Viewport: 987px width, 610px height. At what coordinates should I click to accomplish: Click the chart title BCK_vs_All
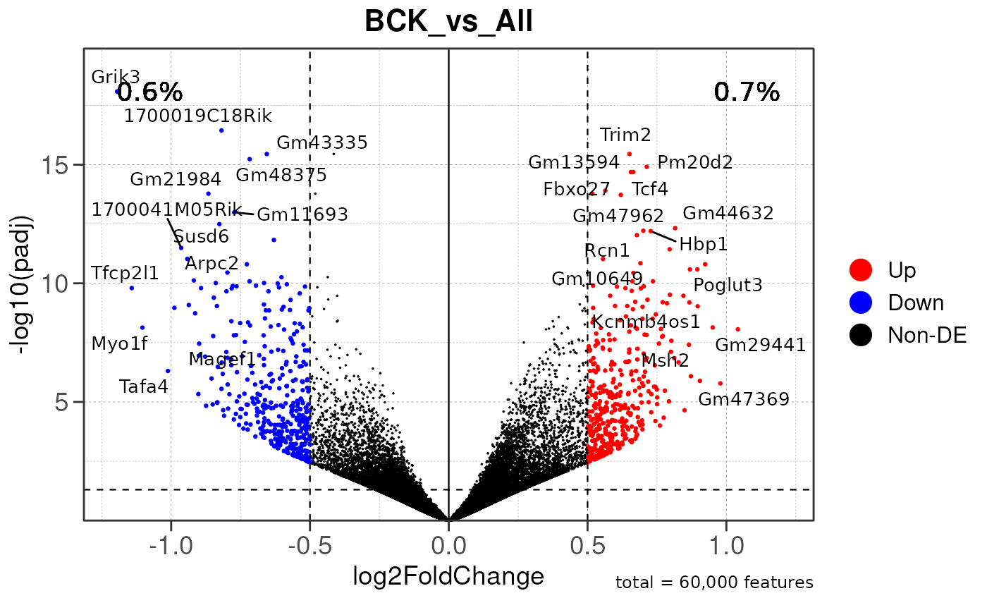pos(448,22)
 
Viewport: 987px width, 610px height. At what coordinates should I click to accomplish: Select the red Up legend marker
pos(861,269)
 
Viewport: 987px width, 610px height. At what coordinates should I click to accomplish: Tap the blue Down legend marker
pos(861,303)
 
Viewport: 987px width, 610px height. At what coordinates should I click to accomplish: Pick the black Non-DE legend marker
pos(861,336)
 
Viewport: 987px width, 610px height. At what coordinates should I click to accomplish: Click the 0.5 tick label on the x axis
pos(588,547)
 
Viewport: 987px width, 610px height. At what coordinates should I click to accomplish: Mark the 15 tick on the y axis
pos(59,165)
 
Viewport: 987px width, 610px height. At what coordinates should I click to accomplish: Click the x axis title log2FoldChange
pos(448,576)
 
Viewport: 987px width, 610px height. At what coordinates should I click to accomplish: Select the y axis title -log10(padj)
pos(25,284)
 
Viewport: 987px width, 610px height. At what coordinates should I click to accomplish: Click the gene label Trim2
pos(625,135)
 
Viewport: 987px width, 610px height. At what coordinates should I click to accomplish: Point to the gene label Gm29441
pos(760,346)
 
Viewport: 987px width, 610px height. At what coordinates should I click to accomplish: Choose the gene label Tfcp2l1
pos(125,273)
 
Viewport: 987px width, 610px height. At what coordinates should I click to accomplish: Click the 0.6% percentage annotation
pos(150,92)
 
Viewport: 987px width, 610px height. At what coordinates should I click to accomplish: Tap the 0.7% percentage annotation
pos(747,92)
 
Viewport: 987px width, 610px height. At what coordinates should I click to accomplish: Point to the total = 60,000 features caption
pos(714,583)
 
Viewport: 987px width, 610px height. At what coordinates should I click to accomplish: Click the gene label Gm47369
pos(744,399)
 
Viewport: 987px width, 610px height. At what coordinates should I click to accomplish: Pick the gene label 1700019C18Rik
pos(197,116)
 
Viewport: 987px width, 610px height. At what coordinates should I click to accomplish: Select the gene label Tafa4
pos(144,386)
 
